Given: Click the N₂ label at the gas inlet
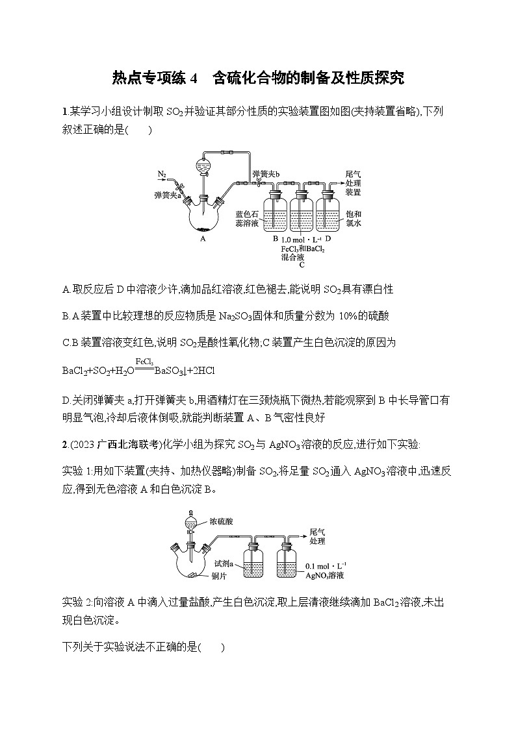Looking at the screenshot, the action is (x=162, y=174).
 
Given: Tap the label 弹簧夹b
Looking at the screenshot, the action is (x=266, y=174).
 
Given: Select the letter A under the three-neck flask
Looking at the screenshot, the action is (x=203, y=238).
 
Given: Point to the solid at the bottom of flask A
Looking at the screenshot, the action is (x=203, y=229).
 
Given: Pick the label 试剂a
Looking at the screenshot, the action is (x=224, y=564).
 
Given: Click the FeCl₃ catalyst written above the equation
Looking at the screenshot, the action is (x=144, y=360).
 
